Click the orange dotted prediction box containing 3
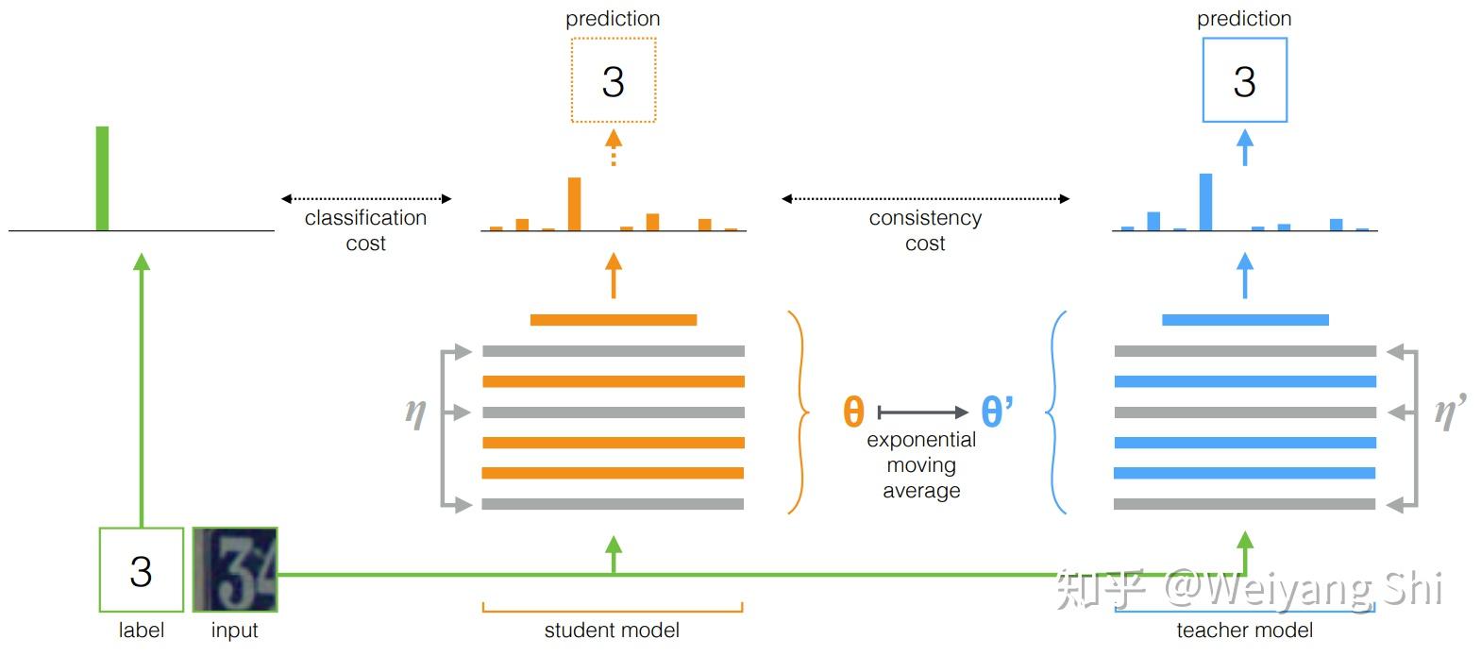point(613,80)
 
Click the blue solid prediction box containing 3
point(1244,80)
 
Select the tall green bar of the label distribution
point(102,178)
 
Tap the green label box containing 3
point(141,570)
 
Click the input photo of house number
point(235,570)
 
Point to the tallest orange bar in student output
point(574,203)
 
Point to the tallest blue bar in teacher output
point(1205,201)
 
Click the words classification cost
point(365,230)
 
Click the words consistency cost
point(925,230)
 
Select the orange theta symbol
point(853,412)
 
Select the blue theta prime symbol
point(997,412)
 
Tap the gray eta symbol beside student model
point(415,412)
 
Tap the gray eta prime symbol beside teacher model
point(1449,412)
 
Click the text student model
point(612,631)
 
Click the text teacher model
point(1244,631)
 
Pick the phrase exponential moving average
point(921,465)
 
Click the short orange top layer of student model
point(614,320)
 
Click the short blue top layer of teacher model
point(1245,320)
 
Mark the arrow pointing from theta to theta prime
point(923,412)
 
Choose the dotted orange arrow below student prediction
point(614,148)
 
